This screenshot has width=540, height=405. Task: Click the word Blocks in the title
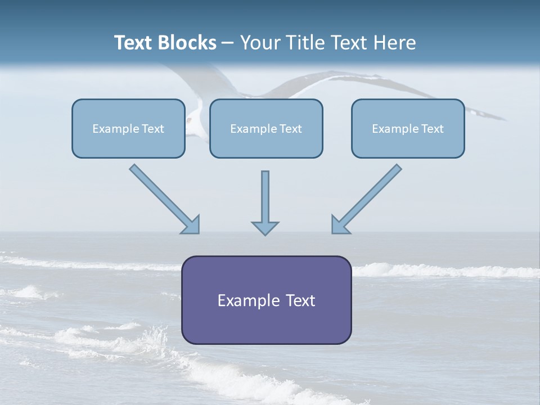click(x=188, y=43)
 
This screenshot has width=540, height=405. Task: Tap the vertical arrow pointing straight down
click(x=265, y=197)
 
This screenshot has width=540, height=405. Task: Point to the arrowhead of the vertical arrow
click(x=265, y=228)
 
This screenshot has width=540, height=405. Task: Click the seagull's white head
click(x=192, y=118)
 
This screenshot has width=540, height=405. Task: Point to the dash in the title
click(x=228, y=43)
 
